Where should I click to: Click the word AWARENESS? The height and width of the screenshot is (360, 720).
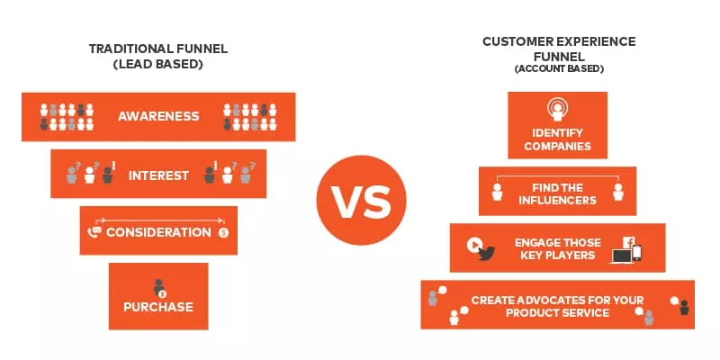pos(157,116)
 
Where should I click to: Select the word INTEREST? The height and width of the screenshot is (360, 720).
pos(158,174)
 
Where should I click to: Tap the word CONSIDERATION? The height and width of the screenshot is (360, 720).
pos(158,231)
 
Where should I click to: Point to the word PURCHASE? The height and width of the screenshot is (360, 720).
pos(158,307)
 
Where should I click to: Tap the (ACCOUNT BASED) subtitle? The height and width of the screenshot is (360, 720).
pos(558,68)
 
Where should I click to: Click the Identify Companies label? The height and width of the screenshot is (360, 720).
pos(558,139)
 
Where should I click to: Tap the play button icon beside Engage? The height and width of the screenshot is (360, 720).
pos(473,243)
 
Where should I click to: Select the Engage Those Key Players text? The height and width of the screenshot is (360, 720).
pos(558,249)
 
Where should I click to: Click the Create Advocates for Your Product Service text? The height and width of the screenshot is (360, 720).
pos(558,306)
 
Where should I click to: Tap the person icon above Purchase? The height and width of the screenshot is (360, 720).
pos(158,286)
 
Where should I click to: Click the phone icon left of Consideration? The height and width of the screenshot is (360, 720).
pos(93,232)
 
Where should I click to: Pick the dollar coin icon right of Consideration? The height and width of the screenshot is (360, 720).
pos(222,232)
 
